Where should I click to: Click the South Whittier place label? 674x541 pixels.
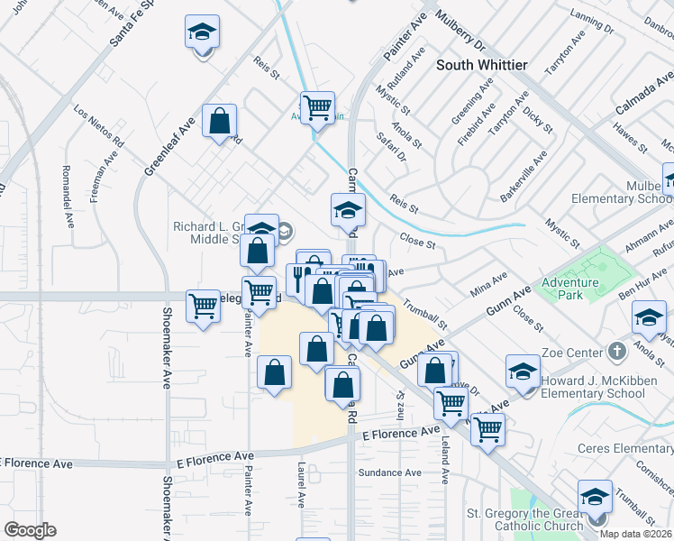tap(481, 65)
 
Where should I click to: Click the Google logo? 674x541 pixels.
tap(30, 530)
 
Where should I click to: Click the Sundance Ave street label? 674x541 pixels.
tap(389, 472)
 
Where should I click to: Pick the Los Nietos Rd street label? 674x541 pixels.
tap(99, 127)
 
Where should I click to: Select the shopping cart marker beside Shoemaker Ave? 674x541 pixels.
tap(203, 306)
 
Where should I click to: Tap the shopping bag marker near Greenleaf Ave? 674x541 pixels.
tap(220, 121)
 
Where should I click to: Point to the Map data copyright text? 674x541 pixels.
tap(635, 534)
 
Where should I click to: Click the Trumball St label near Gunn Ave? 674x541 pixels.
tap(425, 314)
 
